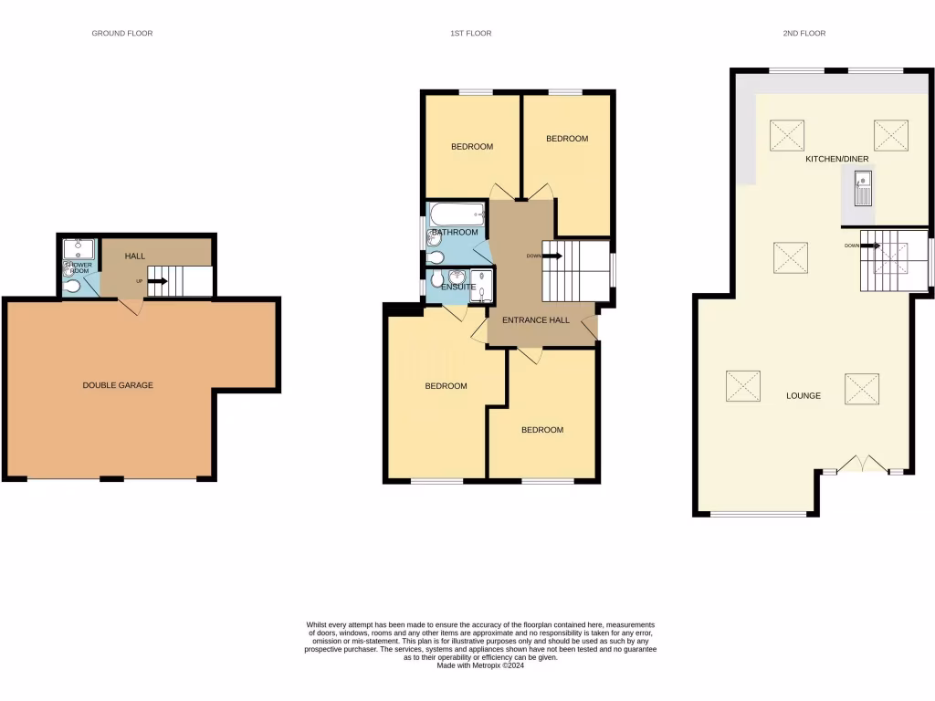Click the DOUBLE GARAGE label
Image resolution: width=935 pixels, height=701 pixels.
click(x=118, y=385)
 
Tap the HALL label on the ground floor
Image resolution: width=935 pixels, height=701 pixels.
click(x=135, y=256)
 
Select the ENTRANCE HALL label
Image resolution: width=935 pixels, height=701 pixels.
click(x=536, y=320)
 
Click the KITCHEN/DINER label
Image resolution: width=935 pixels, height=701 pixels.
click(x=835, y=159)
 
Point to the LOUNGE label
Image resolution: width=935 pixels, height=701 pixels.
click(x=804, y=396)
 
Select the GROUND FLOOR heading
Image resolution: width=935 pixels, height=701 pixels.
click(x=122, y=34)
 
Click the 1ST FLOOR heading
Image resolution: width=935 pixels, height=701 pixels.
click(x=470, y=34)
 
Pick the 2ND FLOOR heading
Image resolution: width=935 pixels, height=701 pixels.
click(x=804, y=34)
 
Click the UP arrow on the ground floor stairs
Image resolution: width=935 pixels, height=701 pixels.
click(x=155, y=281)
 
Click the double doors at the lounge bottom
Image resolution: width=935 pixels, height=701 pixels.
click(x=863, y=465)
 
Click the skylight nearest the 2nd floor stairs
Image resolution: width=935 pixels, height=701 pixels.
click(x=790, y=256)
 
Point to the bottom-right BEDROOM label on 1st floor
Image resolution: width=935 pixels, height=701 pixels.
click(x=542, y=430)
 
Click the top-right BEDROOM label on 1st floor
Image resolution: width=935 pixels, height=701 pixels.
click(x=567, y=139)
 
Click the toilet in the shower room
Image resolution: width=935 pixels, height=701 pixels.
click(x=72, y=288)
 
